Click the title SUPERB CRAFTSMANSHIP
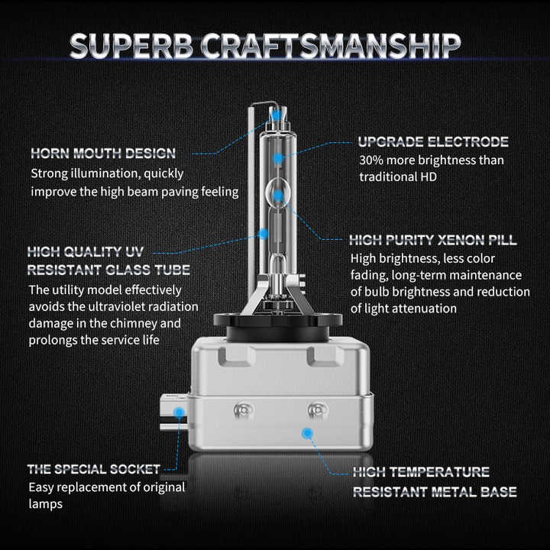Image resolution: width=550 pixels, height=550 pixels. (265, 46)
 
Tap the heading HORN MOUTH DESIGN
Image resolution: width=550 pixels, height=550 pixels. (103, 154)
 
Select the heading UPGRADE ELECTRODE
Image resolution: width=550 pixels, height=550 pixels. (433, 142)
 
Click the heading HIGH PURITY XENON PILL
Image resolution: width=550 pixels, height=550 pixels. (433, 240)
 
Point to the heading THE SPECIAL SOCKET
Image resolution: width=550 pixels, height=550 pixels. (94, 469)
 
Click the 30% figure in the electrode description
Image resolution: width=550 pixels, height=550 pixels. (371, 160)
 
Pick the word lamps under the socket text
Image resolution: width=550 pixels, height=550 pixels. (46, 504)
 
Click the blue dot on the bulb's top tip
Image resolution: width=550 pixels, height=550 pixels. (277, 114)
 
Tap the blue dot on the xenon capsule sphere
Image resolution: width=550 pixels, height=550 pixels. (278, 195)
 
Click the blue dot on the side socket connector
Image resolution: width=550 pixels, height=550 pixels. (180, 412)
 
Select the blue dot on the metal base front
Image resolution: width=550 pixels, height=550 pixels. (307, 433)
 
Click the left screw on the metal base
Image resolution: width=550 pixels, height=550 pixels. (243, 409)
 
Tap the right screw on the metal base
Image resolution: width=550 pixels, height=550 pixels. (317, 409)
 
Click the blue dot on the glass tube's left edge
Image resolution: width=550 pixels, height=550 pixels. (263, 234)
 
